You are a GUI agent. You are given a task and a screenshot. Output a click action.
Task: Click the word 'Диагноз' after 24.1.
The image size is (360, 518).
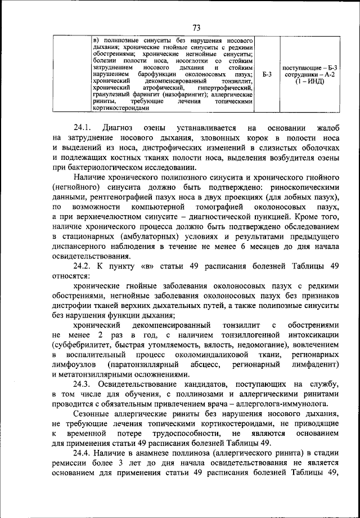[x=128, y=128]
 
